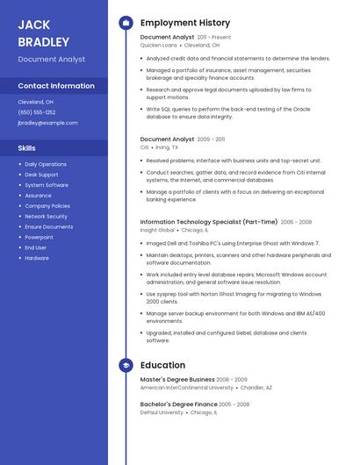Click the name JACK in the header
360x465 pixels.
coord(34,25)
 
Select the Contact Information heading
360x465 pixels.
coord(56,86)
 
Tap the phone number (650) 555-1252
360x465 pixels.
coord(37,112)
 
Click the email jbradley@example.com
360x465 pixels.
coord(47,123)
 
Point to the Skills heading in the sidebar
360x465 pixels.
coord(27,148)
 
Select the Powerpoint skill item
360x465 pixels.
coord(39,237)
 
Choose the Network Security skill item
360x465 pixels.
coord(46,216)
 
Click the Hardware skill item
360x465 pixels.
coord(37,258)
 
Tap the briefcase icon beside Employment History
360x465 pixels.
coord(126,23)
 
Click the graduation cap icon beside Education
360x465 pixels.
coord(126,365)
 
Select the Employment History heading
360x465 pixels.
coord(185,23)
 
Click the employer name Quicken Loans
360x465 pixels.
coord(158,45)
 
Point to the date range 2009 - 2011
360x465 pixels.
coord(211,139)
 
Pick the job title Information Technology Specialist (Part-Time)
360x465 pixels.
coord(209,222)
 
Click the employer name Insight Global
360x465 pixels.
coord(157,230)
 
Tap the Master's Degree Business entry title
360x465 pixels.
coord(177,379)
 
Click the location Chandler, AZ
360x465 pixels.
coord(256,387)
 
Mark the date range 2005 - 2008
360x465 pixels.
coord(234,404)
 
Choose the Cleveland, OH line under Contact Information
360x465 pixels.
coord(36,102)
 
